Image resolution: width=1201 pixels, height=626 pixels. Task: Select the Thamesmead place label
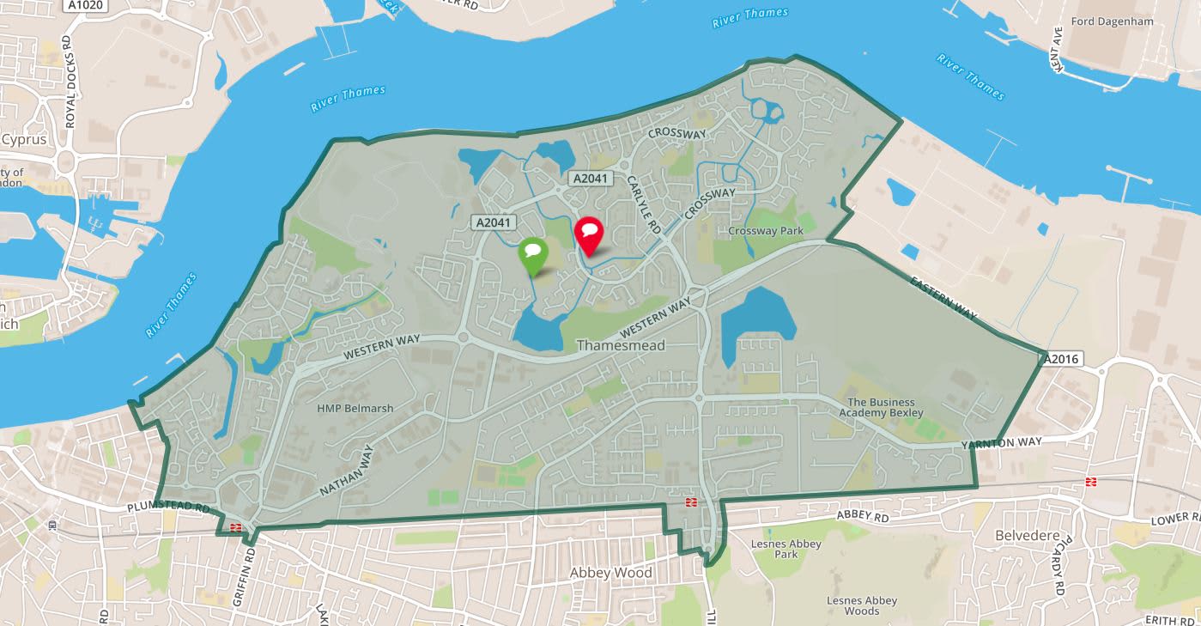pyautogui.click(x=614, y=345)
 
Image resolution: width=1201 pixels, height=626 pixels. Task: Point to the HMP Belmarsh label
pyautogui.click(x=355, y=408)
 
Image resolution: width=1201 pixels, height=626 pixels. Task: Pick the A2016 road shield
pyautogui.click(x=1063, y=359)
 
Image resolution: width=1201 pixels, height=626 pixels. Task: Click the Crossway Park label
pyautogui.click(x=764, y=231)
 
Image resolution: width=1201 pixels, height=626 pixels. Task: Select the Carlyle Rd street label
pyautogui.click(x=642, y=204)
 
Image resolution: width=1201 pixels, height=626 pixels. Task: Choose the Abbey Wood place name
pyautogui.click(x=611, y=573)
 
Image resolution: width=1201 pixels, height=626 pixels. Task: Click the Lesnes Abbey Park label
pyautogui.click(x=786, y=549)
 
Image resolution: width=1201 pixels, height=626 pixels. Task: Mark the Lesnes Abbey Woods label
pyautogui.click(x=862, y=605)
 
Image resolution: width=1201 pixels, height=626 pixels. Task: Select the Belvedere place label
pyautogui.click(x=1023, y=536)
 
